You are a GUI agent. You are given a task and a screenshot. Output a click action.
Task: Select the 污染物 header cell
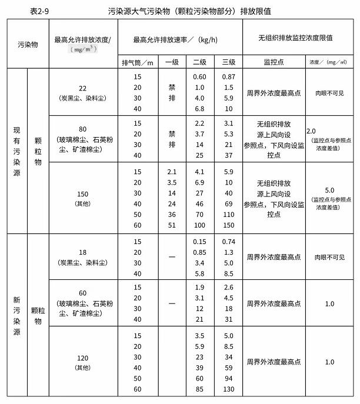point(28,44)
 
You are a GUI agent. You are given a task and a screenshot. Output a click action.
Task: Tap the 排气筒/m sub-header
point(138,62)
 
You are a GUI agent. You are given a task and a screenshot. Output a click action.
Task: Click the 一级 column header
point(172,62)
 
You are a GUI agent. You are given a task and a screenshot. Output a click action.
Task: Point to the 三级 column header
point(229,62)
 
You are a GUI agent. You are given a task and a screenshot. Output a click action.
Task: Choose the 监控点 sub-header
point(274,62)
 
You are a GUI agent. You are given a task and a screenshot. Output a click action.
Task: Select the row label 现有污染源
point(17,151)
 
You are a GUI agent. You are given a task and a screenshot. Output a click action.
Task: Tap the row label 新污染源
point(17,316)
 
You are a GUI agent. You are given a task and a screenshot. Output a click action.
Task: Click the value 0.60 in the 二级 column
point(200,77)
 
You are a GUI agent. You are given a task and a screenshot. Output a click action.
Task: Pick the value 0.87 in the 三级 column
point(229,77)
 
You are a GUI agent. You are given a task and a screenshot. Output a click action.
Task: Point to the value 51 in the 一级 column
point(172,224)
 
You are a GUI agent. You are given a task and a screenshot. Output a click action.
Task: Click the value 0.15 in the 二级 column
point(200,242)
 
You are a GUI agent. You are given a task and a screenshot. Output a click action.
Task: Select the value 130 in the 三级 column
point(229,389)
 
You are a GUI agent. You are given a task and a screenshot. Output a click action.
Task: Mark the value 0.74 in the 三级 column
point(229,242)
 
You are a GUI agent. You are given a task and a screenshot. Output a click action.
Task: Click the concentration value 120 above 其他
point(82,358)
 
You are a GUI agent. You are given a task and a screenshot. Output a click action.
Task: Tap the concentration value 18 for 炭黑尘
point(82,252)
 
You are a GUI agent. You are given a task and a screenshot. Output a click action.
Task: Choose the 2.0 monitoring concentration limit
point(312,130)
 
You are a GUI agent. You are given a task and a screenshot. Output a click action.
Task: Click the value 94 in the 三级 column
point(229,378)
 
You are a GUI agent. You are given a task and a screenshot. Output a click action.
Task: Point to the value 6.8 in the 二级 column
point(200,109)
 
